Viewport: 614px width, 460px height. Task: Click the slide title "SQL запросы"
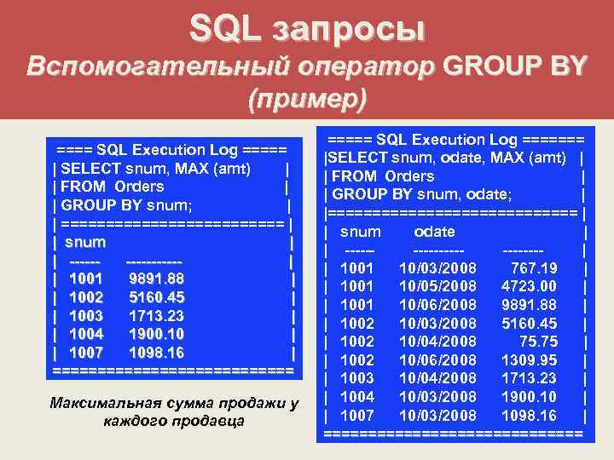point(306,29)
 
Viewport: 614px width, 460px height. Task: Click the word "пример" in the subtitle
point(306,99)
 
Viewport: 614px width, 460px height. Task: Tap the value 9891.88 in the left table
point(157,279)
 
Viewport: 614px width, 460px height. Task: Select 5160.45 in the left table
point(157,298)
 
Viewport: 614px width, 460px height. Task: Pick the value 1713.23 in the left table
point(157,316)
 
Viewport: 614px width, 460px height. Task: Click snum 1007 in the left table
point(86,353)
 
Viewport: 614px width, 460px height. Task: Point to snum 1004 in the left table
point(86,335)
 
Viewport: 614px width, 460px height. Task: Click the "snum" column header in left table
point(85,243)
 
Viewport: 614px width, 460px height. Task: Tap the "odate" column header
point(434,232)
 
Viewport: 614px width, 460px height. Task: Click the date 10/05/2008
point(437,286)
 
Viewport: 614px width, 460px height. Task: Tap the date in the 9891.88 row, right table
point(437,305)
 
